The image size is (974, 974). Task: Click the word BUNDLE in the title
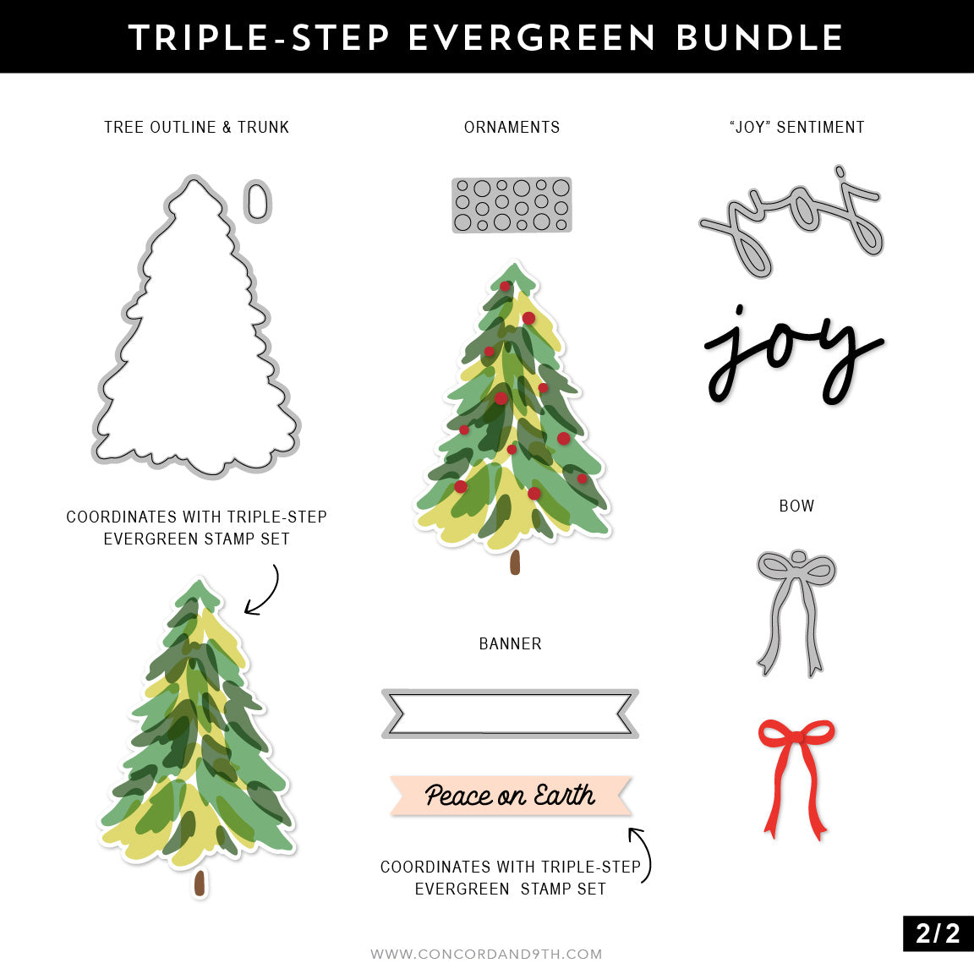pyautogui.click(x=759, y=38)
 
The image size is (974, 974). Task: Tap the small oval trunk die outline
pyautogui.click(x=258, y=201)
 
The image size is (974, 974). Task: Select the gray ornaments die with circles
pyautogui.click(x=512, y=205)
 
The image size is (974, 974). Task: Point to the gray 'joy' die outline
pyautogui.click(x=791, y=222)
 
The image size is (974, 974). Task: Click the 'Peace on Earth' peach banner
pyautogui.click(x=510, y=795)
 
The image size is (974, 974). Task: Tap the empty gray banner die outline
pyautogui.click(x=510, y=713)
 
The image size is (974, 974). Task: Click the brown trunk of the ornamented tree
pyautogui.click(x=515, y=562)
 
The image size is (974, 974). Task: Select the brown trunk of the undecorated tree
pyautogui.click(x=200, y=883)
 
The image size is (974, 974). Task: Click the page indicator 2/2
pyautogui.click(x=938, y=933)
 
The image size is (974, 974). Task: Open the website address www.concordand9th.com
pyautogui.click(x=486, y=954)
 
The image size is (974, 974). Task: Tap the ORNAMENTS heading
pyautogui.click(x=512, y=127)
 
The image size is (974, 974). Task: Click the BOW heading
pyautogui.click(x=796, y=506)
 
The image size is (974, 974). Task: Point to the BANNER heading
pyautogui.click(x=510, y=643)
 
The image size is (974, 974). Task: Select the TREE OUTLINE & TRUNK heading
pyautogui.click(x=196, y=127)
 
